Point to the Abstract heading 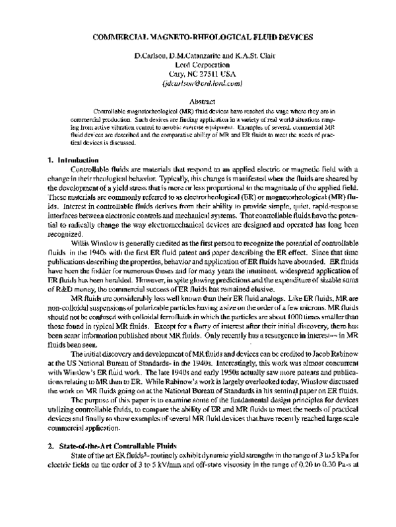[199, 102]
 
